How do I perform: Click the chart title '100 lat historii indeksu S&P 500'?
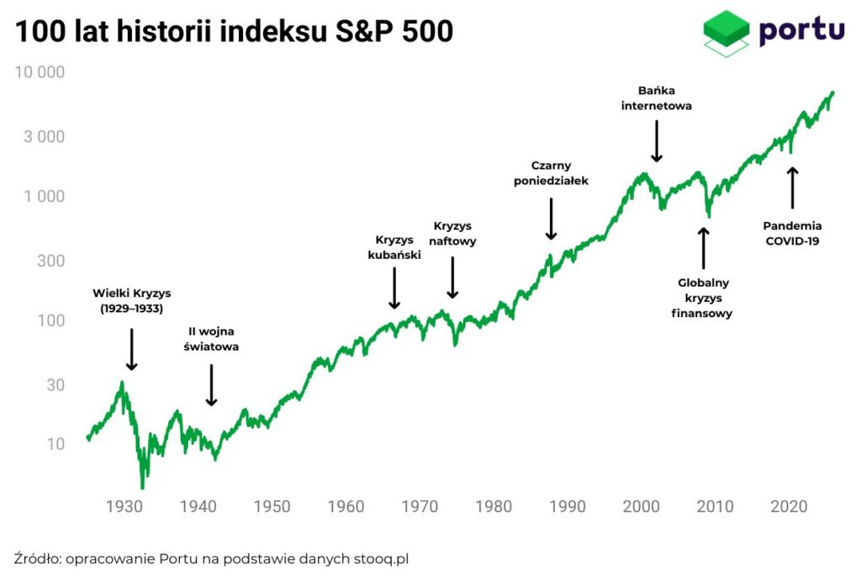point(234,31)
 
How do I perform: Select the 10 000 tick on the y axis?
point(40,72)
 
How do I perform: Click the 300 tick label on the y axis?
point(51,261)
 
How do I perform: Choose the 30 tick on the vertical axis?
point(55,385)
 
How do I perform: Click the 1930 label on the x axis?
point(124,507)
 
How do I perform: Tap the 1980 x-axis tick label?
point(494,507)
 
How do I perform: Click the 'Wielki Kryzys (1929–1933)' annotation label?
point(131,301)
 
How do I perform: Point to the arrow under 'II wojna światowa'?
point(211,385)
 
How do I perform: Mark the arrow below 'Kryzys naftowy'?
point(452,277)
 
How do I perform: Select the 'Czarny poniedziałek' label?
point(552,172)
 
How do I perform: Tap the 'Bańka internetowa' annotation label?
point(657,98)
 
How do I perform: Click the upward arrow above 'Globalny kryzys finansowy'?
point(704,248)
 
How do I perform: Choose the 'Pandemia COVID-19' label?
point(792,233)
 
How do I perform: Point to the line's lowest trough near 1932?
point(142,486)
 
